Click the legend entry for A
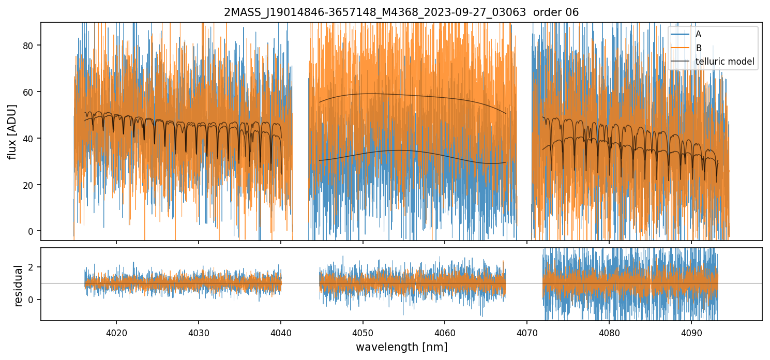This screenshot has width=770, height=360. tap(698, 34)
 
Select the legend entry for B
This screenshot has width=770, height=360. tap(698, 48)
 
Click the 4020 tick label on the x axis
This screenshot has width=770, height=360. tap(116, 332)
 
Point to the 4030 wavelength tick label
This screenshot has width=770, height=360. tap(198, 332)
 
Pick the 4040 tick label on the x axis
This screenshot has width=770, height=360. tap(280, 332)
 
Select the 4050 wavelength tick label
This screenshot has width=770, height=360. tap(363, 332)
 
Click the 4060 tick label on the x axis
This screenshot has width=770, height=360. tap(445, 332)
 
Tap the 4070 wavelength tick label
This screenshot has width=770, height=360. tap(527, 332)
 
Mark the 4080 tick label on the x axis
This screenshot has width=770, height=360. tap(609, 332)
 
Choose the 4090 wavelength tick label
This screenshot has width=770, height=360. tap(691, 332)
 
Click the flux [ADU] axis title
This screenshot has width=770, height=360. tap(12, 131)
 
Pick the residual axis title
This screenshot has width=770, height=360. tap(19, 285)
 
